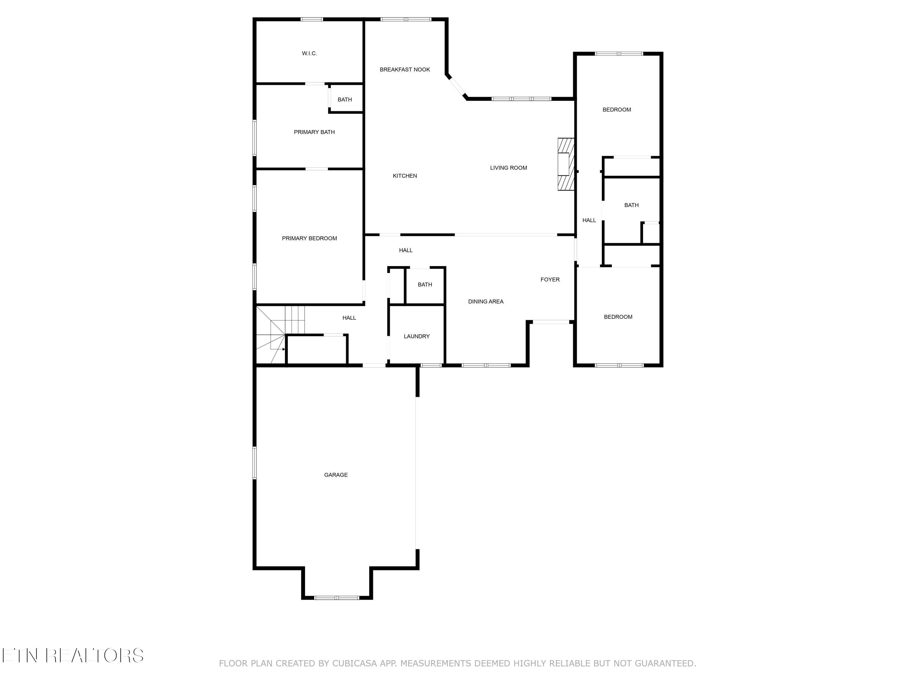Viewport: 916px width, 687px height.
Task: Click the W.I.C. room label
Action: pyautogui.click(x=309, y=53)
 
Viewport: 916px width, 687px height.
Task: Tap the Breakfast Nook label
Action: pyautogui.click(x=405, y=70)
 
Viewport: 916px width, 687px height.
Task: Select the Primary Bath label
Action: pyautogui.click(x=314, y=132)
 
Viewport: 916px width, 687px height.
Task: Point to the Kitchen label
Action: pyautogui.click(x=405, y=176)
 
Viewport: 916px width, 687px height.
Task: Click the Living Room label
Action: pyautogui.click(x=508, y=168)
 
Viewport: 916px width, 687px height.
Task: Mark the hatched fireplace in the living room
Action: pyautogui.click(x=566, y=164)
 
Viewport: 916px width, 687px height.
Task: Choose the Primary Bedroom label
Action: pyautogui.click(x=309, y=238)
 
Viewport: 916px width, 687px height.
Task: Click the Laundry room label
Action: pyautogui.click(x=416, y=336)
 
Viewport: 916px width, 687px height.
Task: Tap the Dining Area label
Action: pyautogui.click(x=486, y=301)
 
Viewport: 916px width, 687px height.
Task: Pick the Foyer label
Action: pyautogui.click(x=550, y=279)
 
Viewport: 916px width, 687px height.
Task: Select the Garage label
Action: pyautogui.click(x=336, y=475)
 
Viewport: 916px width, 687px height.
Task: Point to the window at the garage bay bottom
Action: pyautogui.click(x=337, y=598)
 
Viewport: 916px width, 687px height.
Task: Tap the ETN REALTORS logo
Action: pyautogui.click(x=73, y=656)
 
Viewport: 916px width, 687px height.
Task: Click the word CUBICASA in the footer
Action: pyautogui.click(x=354, y=663)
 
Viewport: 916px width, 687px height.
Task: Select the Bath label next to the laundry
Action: pyautogui.click(x=425, y=285)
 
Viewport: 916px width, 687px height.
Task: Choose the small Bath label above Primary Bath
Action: pyautogui.click(x=344, y=99)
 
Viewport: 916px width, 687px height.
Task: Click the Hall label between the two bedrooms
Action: pyautogui.click(x=589, y=220)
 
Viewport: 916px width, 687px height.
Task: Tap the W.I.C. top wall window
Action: pyautogui.click(x=312, y=19)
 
